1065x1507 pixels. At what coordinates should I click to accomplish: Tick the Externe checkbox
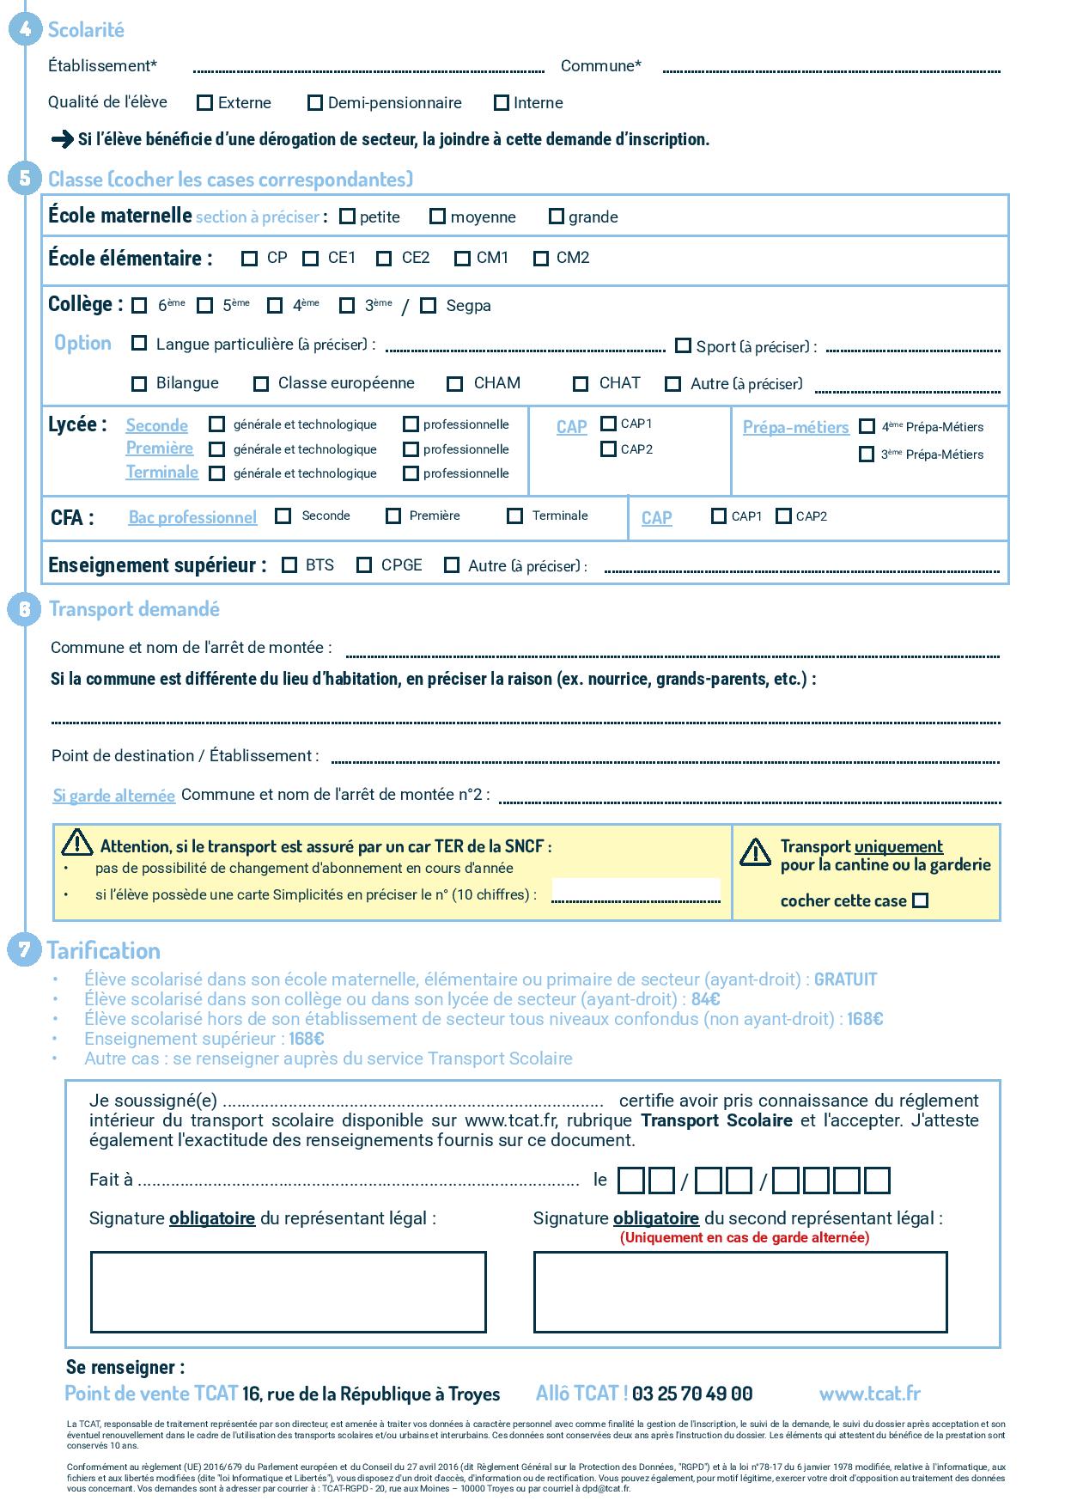click(x=204, y=103)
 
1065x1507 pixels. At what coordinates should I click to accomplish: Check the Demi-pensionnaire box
click(x=315, y=103)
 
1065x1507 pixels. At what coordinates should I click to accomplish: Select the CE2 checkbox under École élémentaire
click(x=385, y=258)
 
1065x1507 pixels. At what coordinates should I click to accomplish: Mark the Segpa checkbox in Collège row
click(x=429, y=306)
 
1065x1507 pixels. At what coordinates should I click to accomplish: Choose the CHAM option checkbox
click(x=455, y=384)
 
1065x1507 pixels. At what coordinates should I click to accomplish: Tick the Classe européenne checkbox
click(x=261, y=384)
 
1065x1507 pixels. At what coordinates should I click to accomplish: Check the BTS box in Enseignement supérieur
click(x=289, y=565)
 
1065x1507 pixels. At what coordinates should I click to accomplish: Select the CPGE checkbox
click(x=364, y=565)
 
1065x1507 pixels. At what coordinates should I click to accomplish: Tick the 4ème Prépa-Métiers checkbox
click(x=867, y=426)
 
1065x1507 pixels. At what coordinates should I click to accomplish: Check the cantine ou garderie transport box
click(x=920, y=900)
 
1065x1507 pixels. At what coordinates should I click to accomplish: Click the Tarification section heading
click(x=104, y=950)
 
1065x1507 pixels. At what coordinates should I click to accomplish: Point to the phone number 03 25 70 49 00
click(x=692, y=1394)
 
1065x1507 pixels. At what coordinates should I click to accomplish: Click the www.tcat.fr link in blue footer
click(x=869, y=1394)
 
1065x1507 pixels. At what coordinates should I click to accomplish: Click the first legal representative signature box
click(x=288, y=1292)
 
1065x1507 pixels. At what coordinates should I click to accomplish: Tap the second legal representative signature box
click(x=739, y=1292)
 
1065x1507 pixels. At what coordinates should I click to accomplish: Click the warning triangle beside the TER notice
click(x=77, y=844)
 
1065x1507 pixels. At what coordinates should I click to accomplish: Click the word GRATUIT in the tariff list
click(x=845, y=979)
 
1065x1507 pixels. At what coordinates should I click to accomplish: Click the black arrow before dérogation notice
click(x=62, y=139)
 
